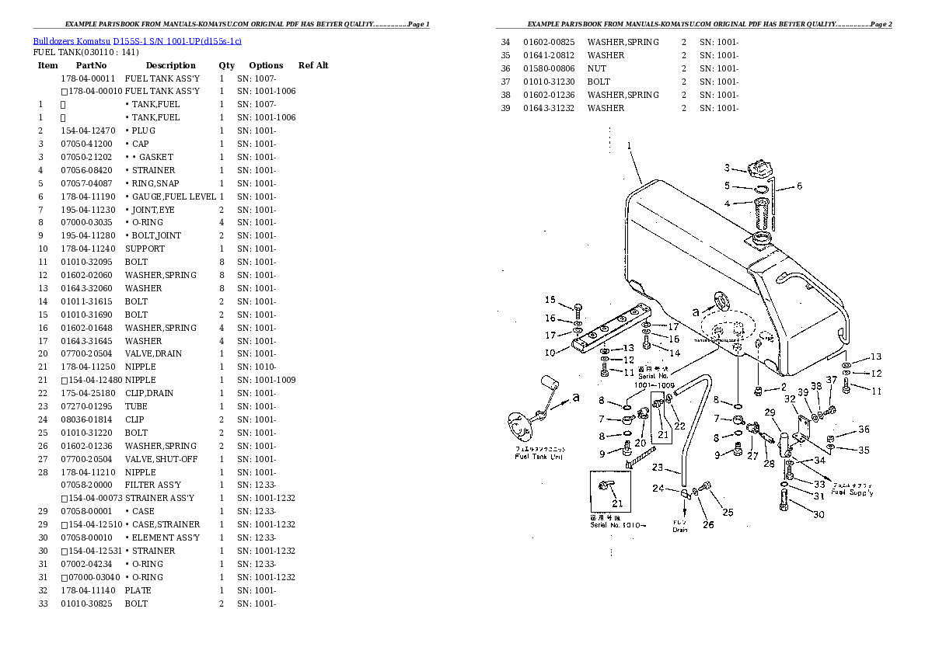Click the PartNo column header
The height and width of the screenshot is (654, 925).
tap(91, 65)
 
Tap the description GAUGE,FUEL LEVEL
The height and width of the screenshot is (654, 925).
tap(170, 197)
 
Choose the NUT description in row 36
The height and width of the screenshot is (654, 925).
tap(598, 68)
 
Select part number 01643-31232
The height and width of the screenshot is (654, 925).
tap(549, 108)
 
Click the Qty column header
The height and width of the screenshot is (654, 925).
tap(226, 65)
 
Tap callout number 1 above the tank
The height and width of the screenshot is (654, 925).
tap(629, 145)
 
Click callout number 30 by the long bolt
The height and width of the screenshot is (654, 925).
tap(819, 514)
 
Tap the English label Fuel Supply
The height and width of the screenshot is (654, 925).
tap(851, 492)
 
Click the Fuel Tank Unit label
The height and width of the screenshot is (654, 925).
tap(539, 456)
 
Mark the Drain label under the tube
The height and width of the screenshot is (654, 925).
tap(680, 530)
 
